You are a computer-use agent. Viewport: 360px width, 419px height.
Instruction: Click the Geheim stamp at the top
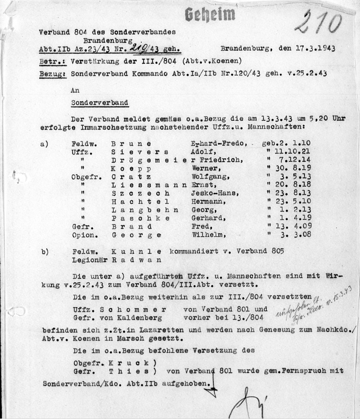(x=210, y=15)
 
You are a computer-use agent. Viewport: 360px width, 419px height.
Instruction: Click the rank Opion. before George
(x=81, y=235)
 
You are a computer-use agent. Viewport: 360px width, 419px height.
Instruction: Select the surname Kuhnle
(x=134, y=251)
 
